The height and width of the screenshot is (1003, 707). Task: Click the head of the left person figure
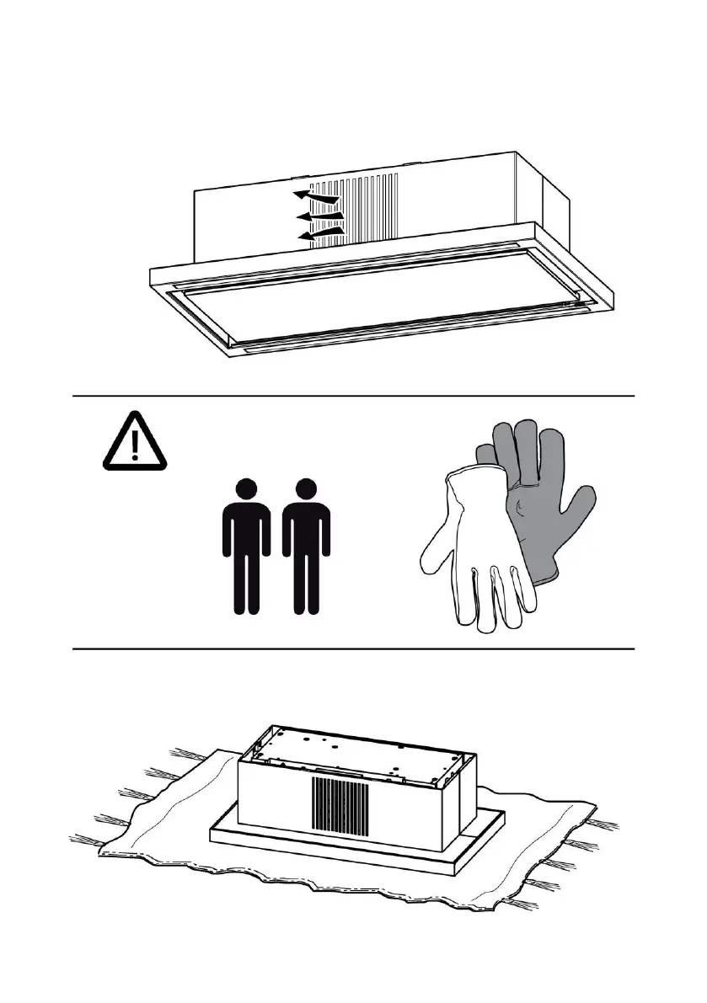click(x=246, y=488)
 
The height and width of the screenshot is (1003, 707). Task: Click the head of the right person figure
click(x=306, y=488)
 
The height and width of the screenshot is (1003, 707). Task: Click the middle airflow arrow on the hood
click(x=320, y=217)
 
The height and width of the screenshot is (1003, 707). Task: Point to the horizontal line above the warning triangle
click(x=354, y=395)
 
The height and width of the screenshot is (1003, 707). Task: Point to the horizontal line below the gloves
click(x=354, y=648)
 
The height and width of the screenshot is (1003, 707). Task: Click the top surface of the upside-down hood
click(x=362, y=750)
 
